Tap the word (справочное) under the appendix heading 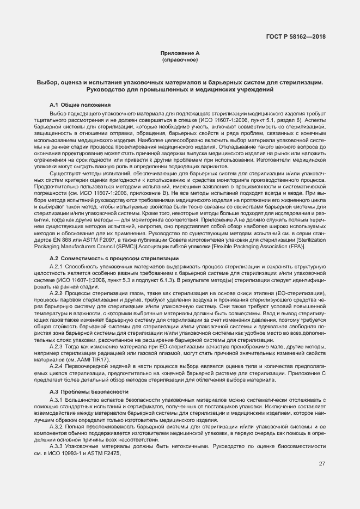[x=180, y=60]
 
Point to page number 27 [x=322, y=463]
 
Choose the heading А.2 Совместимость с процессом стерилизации [x=118, y=257]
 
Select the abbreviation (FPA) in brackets [x=311, y=246]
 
